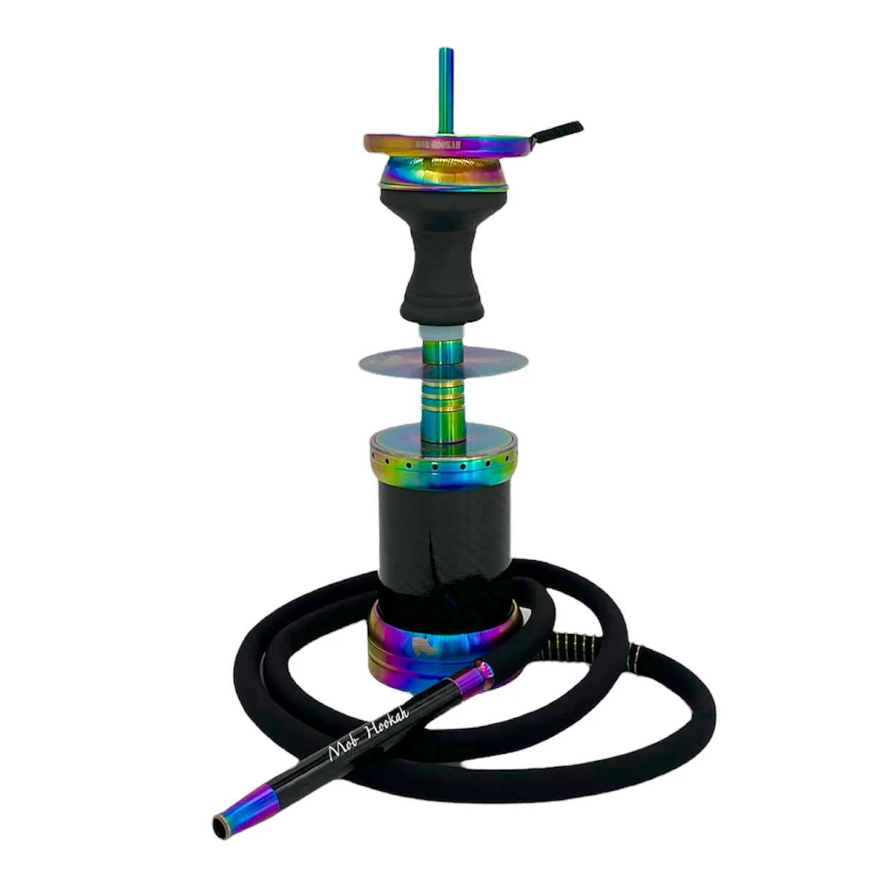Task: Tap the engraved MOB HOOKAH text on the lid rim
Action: pyautogui.click(x=439, y=143)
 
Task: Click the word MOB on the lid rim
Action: pyautogui.click(x=423, y=144)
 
